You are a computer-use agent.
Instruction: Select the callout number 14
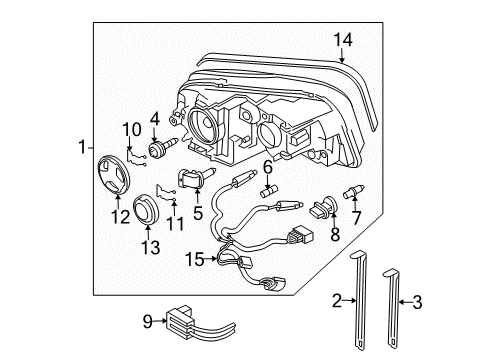point(343,39)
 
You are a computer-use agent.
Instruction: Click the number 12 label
point(121,215)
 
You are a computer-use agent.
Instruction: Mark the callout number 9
point(146,321)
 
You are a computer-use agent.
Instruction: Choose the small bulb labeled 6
point(267,187)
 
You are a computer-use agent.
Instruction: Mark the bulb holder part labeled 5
point(194,182)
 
